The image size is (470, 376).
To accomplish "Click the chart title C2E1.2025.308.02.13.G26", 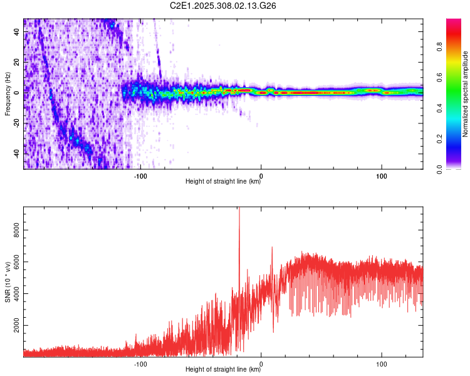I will [224, 6].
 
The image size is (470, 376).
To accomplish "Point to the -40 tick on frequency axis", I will [18, 154].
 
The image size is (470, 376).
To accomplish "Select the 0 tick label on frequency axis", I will [18, 92].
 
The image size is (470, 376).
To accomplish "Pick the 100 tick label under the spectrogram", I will [381, 175].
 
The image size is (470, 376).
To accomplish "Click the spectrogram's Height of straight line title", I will [223, 182].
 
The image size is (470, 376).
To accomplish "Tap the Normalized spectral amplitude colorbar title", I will [466, 94].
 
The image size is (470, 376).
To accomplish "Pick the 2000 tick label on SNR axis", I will [18, 326].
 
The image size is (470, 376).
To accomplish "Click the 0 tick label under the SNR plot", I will [261, 363].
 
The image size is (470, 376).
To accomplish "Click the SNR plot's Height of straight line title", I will [223, 370].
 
